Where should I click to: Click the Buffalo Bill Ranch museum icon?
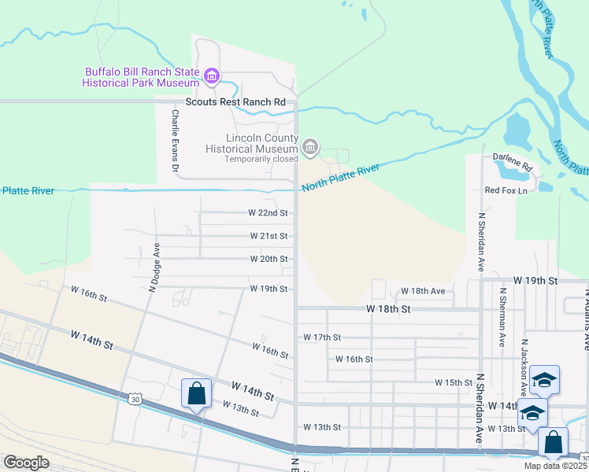click(211, 76)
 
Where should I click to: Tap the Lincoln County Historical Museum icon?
click(310, 146)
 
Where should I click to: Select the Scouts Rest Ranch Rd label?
click(235, 102)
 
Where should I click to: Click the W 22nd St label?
click(268, 213)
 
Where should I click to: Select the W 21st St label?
click(269, 236)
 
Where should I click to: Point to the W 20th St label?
click(269, 259)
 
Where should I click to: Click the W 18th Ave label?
click(423, 291)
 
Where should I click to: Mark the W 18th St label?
click(389, 310)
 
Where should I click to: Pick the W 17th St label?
click(322, 337)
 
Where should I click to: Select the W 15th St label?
click(454, 382)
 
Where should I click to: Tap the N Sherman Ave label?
click(502, 317)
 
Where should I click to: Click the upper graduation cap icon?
click(544, 381)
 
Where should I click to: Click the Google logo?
click(26, 463)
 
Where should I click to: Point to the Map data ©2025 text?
click(554, 466)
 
